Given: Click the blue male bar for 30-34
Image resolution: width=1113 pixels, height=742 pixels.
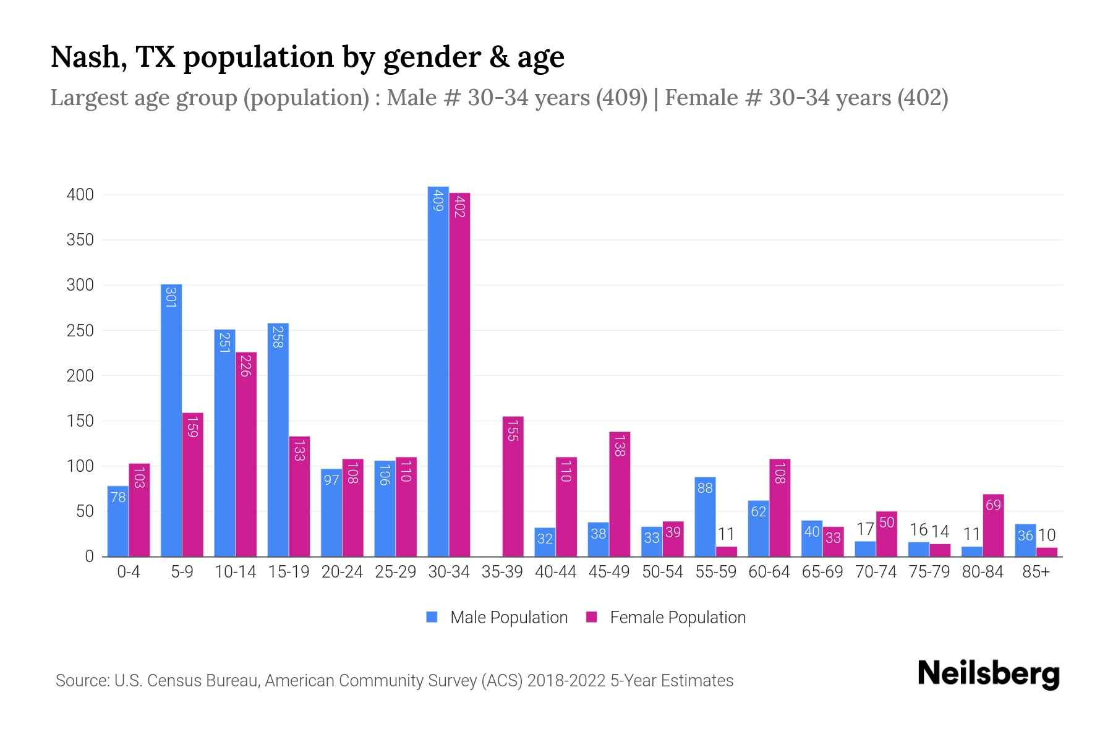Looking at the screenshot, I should coord(438,371).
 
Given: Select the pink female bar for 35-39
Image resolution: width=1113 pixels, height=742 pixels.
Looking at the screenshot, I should coord(513,487).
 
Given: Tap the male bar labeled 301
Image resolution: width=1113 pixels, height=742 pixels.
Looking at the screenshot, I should coord(171,420).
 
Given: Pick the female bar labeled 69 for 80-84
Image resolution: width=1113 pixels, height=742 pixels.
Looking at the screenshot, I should coord(993,526).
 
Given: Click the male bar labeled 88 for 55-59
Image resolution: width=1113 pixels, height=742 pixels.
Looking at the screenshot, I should coord(705,517).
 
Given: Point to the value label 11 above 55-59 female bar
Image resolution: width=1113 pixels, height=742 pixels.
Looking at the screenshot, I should coord(727,534).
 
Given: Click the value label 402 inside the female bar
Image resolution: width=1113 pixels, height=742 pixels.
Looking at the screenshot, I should coord(459,206).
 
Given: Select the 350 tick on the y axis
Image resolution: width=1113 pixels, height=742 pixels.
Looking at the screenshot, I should coord(80,240).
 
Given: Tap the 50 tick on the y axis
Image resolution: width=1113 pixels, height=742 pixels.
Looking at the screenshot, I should coord(85,511).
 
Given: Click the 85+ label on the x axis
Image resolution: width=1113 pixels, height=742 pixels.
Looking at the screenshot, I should coord(1036,572).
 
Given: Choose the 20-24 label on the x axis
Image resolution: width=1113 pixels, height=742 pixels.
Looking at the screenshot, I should coord(342,572).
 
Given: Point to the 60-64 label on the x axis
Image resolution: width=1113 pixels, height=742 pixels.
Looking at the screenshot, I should coord(769,572).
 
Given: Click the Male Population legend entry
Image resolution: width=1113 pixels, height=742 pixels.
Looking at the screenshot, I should coord(508,618).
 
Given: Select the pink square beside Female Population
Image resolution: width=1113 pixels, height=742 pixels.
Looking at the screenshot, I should coord(592,617).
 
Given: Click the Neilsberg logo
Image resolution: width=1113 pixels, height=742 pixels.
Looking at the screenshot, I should coord(988,674).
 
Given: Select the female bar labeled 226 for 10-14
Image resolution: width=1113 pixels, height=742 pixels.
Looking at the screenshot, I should coord(246,454).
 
